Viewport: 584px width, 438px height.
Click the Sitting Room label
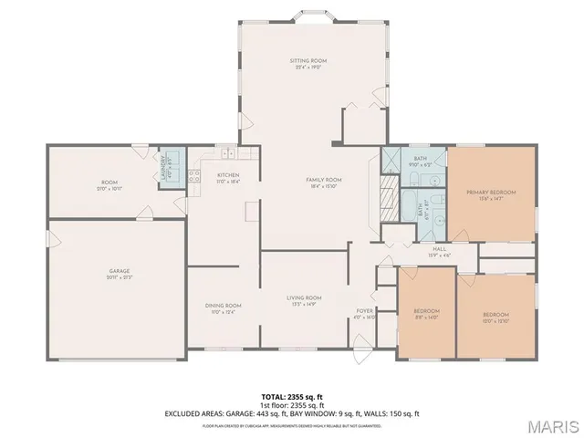(x=308, y=60)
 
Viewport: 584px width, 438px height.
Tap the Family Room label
(x=323, y=179)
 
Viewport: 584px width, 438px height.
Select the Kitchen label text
(x=227, y=175)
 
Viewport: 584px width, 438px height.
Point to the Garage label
(x=120, y=271)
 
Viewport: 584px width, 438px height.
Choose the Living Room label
(x=304, y=297)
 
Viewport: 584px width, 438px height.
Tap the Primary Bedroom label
(x=491, y=192)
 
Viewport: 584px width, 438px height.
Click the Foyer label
(x=364, y=310)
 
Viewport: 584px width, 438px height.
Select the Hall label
(x=438, y=249)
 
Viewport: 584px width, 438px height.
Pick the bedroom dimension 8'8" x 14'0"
(x=427, y=318)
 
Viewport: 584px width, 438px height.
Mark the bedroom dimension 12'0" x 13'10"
(x=495, y=321)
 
